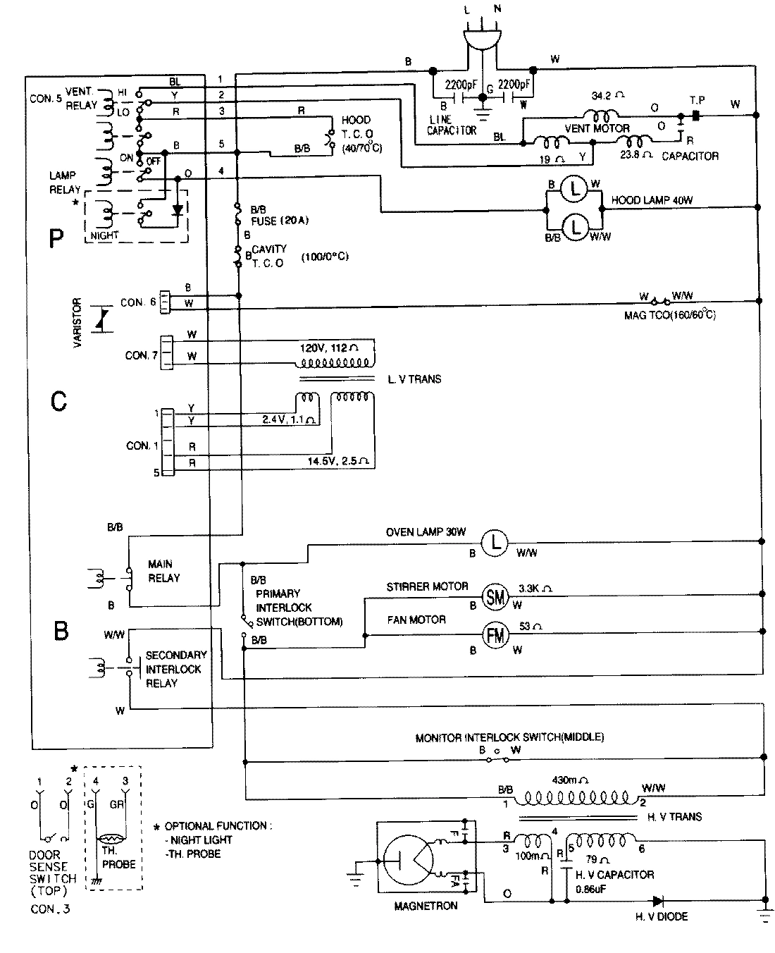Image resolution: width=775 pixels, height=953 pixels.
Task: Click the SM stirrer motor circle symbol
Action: [495, 598]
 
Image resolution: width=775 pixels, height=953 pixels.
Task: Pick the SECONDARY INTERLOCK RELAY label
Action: [175, 669]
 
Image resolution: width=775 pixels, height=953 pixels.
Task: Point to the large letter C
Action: [58, 402]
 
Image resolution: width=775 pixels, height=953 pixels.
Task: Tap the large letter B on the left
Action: [61, 629]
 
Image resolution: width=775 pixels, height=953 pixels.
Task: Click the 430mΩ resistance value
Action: [569, 781]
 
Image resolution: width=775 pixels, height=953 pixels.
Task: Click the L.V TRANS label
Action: [414, 379]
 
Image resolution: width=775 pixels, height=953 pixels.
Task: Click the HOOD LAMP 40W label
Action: [652, 200]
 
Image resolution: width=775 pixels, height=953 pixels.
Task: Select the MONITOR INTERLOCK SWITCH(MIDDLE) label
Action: [509, 737]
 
